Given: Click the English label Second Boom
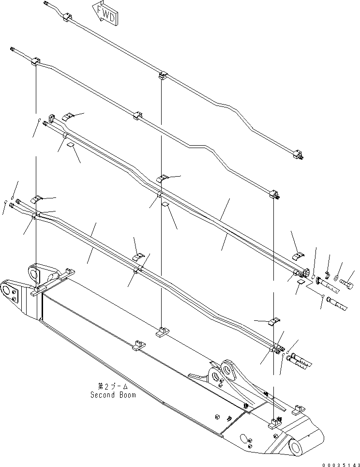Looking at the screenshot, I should pos(113,395).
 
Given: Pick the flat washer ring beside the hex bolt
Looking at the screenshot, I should pos(336,279).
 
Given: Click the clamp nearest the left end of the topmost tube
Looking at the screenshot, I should pos(66,18).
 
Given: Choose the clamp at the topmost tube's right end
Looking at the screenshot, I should pos(298,155).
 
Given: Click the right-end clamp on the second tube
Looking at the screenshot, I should pos(274,195).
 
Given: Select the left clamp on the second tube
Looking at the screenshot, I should pos(36,62).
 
